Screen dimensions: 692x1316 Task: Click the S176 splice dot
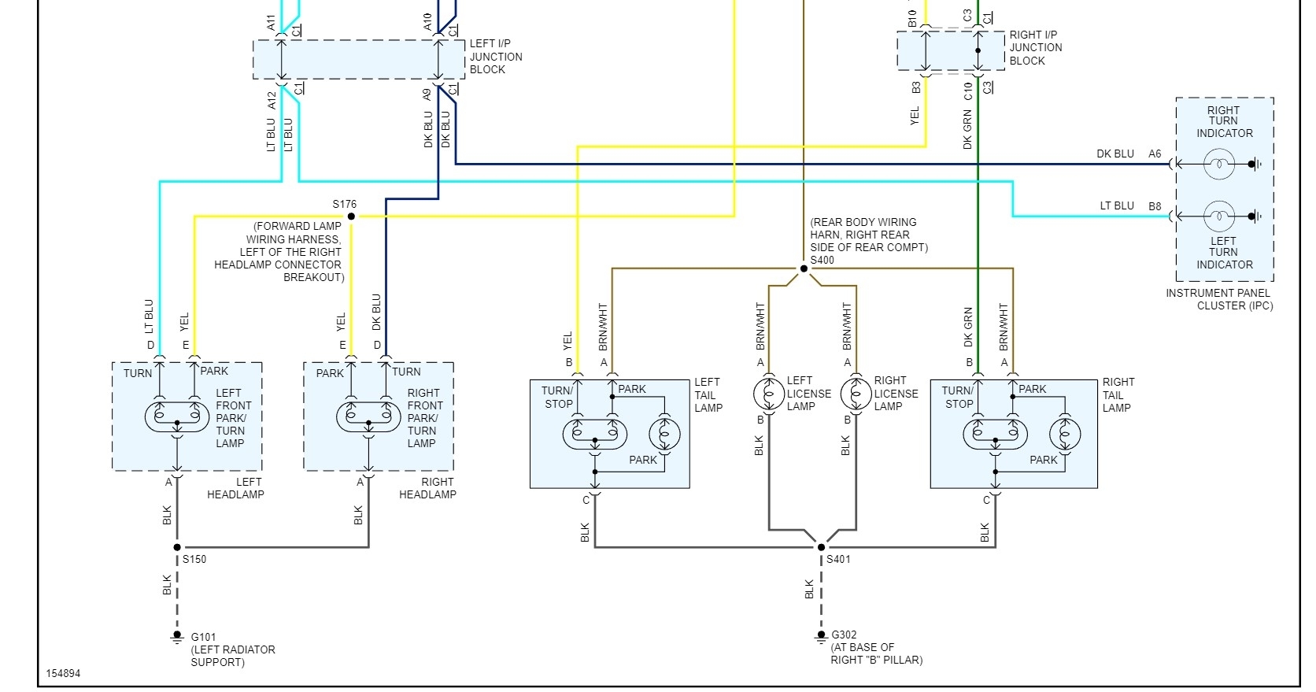tap(351, 216)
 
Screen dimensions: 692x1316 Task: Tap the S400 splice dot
tap(804, 268)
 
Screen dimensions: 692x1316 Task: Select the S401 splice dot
tap(821, 547)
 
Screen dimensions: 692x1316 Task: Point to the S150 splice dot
tap(177, 547)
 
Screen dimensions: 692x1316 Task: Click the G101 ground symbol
tap(177, 638)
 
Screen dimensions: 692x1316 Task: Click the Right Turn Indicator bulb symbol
tap(1218, 165)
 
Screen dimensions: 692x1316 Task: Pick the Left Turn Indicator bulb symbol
tap(1218, 216)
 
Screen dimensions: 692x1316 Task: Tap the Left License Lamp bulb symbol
tap(769, 393)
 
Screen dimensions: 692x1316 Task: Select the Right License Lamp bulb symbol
tap(856, 393)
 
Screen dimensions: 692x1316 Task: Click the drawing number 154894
tap(63, 674)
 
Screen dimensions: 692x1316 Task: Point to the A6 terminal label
tap(1155, 154)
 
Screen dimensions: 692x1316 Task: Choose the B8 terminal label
tap(1155, 206)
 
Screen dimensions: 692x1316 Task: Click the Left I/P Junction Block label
tap(496, 57)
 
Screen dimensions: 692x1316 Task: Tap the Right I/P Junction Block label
tap(1036, 47)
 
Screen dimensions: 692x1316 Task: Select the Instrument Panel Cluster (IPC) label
tap(1218, 299)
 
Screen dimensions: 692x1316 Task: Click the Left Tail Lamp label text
tap(708, 394)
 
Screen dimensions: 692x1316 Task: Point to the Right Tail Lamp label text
tap(1117, 394)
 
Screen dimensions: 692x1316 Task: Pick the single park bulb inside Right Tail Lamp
tap(1065, 434)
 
